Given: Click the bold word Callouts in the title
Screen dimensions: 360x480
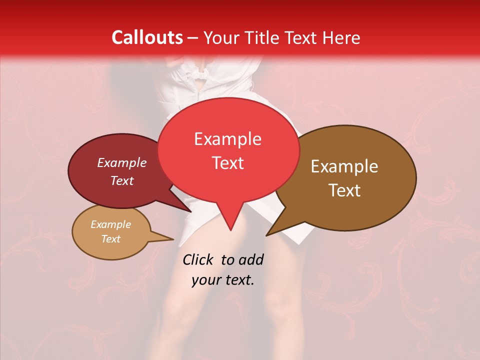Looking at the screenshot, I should coord(147,37).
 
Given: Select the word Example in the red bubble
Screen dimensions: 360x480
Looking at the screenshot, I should coord(227,139).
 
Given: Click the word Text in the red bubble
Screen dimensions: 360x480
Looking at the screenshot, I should coord(227,163).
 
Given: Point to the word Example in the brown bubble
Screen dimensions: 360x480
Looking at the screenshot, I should coord(344,166).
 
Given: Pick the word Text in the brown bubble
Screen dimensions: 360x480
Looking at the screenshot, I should coord(344,190).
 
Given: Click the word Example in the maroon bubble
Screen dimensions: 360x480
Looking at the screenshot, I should coord(121,162).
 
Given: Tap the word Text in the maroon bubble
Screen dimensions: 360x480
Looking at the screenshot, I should coord(121,180).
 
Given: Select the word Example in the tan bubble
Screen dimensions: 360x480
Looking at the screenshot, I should coord(110,224).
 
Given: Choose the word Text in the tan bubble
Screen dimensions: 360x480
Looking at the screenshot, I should coord(110,239).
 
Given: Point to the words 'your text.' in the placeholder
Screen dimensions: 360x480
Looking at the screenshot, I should coord(222,280).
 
